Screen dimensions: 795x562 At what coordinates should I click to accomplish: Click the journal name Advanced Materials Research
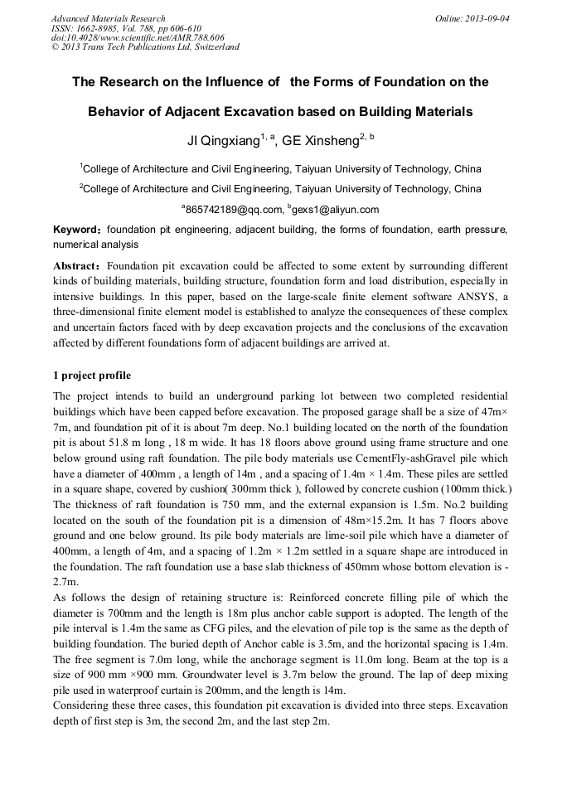pos(109,18)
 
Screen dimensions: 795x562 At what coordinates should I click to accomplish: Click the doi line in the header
pos(138,37)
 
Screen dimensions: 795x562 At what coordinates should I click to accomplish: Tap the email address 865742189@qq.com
pos(233,210)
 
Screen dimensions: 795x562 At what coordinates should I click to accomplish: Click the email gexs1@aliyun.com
pos(335,210)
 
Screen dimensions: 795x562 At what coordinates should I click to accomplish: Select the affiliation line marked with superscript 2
pos(280,188)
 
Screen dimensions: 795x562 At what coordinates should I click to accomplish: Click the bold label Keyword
pos(77,229)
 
